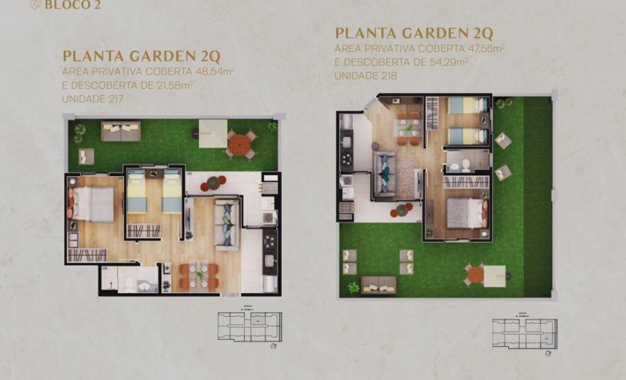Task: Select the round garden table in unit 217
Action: (240, 144)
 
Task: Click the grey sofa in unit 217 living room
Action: (226, 223)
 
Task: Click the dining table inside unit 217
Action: (198, 275)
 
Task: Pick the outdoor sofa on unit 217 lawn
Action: (120, 130)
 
